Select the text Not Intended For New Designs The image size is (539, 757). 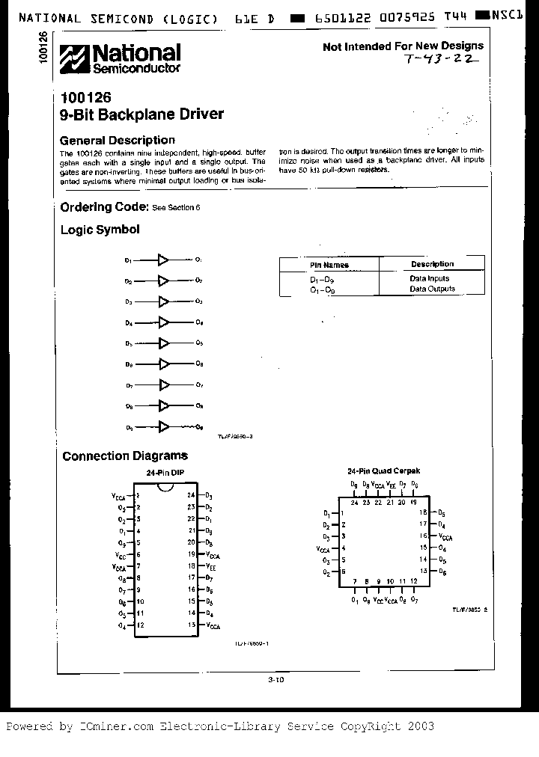(403, 46)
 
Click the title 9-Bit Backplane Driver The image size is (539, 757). (141, 114)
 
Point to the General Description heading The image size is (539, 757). (117, 140)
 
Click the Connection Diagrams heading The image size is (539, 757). (125, 456)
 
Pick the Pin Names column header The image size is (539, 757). (329, 265)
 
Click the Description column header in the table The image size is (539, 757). (432, 264)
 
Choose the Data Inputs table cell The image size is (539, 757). (429, 278)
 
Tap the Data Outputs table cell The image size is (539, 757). (431, 289)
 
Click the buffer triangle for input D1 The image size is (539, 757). (162, 260)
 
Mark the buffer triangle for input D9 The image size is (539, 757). (162, 426)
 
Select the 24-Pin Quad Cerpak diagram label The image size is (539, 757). (383, 471)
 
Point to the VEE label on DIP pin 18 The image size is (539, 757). (211, 566)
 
